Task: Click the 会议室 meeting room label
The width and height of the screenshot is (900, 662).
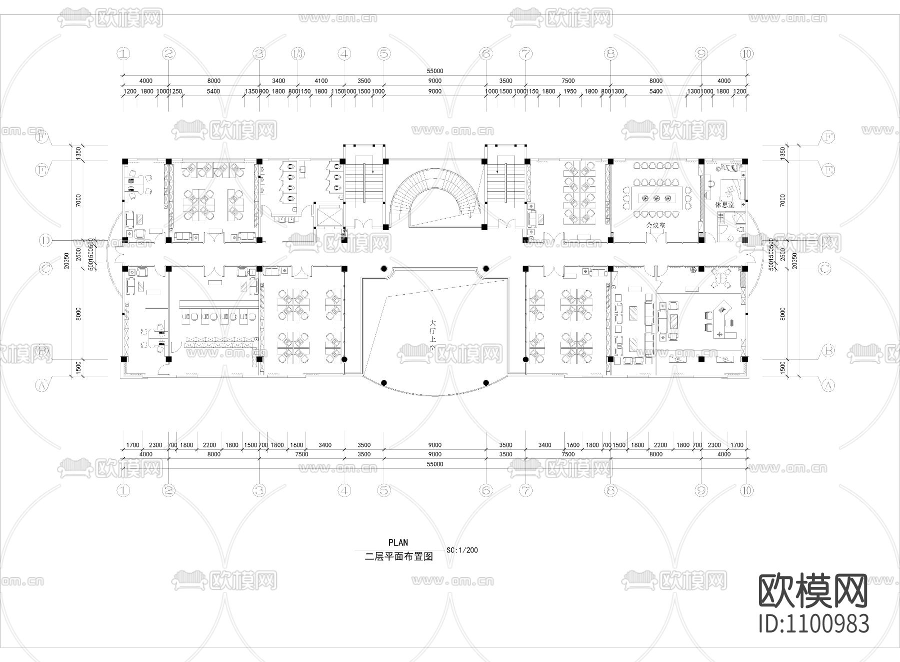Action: pos(655,225)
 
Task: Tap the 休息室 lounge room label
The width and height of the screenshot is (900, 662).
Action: pos(724,205)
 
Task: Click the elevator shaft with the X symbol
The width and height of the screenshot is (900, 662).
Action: pos(328,216)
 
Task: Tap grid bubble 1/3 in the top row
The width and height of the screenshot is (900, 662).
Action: pos(297,54)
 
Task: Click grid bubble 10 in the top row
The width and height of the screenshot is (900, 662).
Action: pos(746,54)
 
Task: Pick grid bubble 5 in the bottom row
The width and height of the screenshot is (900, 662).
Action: pos(383,490)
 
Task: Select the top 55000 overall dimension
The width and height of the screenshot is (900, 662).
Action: pos(435,71)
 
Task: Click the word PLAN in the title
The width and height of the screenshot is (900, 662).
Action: pos(398,542)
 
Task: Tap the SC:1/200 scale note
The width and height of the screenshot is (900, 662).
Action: pos(462,550)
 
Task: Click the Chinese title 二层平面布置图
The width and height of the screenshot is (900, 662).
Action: pos(398,556)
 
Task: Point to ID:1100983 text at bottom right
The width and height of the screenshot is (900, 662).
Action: pos(814,624)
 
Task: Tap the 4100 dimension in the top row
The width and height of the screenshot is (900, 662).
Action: pos(321,81)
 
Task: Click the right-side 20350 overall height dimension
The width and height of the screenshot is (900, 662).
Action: pos(794,260)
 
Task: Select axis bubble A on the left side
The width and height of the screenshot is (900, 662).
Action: pos(42,385)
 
